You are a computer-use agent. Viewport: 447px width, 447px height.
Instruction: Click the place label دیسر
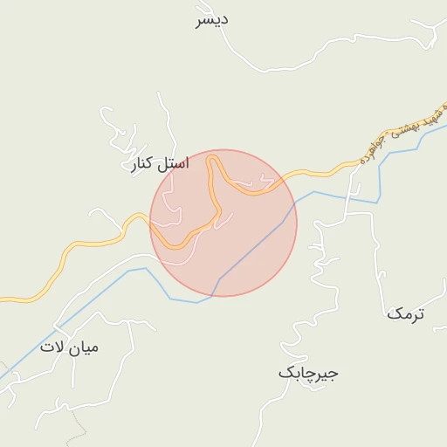pyautogui.click(x=212, y=20)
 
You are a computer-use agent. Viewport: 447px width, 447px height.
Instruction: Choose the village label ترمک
pyautogui.click(x=405, y=313)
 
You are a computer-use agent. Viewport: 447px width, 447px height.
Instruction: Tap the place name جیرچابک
pyautogui.click(x=308, y=373)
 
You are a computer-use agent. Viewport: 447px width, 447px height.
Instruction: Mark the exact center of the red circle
pyautogui.click(x=223, y=223)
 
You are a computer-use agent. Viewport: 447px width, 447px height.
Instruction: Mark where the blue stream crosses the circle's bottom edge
pyautogui.click(x=212, y=295)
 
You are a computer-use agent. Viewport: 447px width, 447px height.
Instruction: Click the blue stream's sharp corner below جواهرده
pyautogui.click(x=379, y=202)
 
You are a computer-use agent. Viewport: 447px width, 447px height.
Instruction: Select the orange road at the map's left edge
pyautogui.click(x=3, y=300)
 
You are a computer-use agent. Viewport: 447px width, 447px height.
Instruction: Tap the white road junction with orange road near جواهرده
pyautogui.click(x=358, y=162)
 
